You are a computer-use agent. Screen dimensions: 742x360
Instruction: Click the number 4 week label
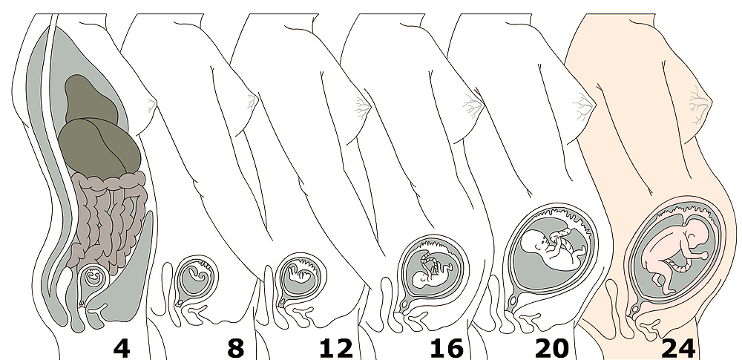(x=122, y=349)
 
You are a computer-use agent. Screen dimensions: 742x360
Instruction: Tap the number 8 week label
(x=235, y=349)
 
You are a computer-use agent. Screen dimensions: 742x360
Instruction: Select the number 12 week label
(x=336, y=349)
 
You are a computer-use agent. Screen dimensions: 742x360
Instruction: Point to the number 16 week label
(x=447, y=349)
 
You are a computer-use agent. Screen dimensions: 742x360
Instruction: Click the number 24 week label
(x=678, y=349)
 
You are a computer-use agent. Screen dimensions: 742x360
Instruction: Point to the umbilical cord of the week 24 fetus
(x=680, y=268)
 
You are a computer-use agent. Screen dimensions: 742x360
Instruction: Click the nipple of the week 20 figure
(x=590, y=104)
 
